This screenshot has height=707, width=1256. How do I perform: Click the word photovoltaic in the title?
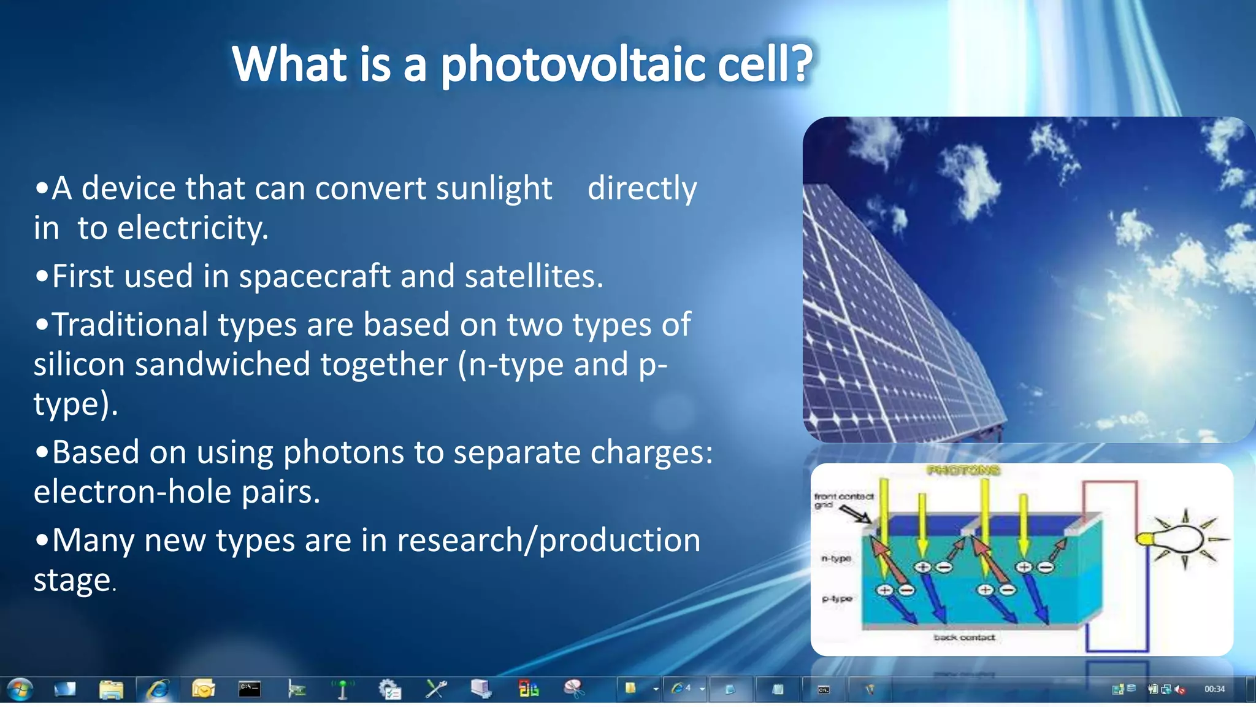(573, 66)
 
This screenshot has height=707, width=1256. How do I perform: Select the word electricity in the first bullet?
(193, 229)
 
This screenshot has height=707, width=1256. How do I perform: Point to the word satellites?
(533, 277)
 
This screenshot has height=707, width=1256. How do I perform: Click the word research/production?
(548, 541)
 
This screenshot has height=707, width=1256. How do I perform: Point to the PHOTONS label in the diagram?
(963, 471)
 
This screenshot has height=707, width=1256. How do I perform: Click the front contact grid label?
(843, 500)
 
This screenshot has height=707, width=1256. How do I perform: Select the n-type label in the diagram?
(836, 558)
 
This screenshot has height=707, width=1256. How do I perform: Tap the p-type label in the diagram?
(837, 598)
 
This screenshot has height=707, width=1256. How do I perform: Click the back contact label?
(964, 638)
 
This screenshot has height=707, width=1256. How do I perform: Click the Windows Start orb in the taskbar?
(20, 689)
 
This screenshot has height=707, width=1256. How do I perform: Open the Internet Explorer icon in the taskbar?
(158, 689)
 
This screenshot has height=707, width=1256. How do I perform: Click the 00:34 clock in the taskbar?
(1214, 689)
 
